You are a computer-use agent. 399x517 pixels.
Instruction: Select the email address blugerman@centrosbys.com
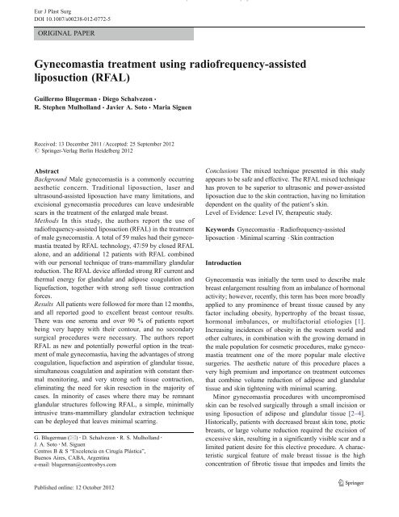click(86, 477)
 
